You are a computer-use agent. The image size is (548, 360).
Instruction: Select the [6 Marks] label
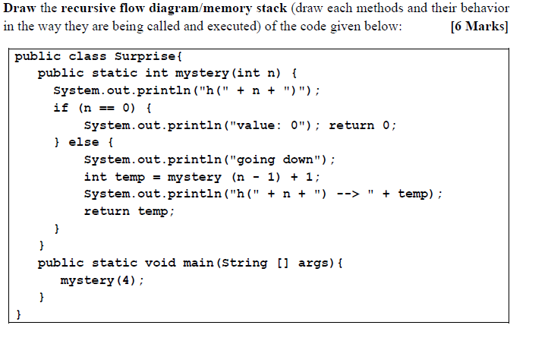coord(479,26)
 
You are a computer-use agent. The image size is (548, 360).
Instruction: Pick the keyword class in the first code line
coord(87,57)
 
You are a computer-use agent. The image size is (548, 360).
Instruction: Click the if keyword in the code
coord(61,107)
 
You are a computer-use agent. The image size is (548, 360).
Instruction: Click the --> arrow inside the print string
coord(346,194)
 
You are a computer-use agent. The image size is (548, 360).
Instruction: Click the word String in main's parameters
coord(247,263)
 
